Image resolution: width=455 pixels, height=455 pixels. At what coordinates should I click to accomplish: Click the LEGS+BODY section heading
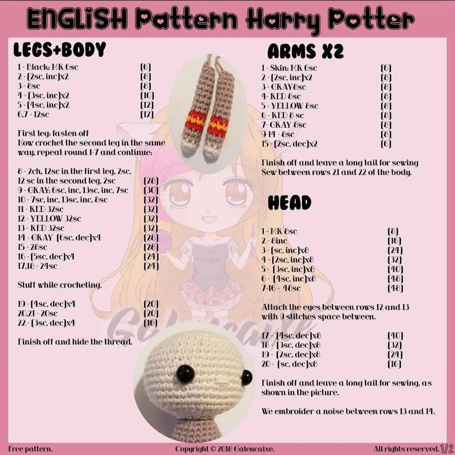coord(59,50)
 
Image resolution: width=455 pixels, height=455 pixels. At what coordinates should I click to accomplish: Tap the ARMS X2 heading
coord(305,51)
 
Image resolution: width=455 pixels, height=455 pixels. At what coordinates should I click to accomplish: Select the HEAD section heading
coord(289,203)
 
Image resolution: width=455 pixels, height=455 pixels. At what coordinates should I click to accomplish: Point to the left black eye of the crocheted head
coord(185,374)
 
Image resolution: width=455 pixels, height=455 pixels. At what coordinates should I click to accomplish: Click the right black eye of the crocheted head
coord(246,377)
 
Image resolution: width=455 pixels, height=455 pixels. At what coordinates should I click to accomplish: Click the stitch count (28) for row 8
coord(151,181)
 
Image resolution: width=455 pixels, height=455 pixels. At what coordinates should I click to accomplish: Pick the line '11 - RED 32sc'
coord(40,209)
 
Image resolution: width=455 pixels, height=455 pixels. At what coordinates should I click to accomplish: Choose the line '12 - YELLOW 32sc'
coord(49,219)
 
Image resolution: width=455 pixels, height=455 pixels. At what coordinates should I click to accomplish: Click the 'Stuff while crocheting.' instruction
coord(60,285)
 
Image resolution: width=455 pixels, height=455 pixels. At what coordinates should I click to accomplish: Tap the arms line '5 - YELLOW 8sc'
coord(289,106)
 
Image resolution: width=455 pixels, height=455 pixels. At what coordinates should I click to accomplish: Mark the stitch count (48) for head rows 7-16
coord(395,289)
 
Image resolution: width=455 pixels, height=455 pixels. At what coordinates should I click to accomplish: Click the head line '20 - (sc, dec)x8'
coord(289,364)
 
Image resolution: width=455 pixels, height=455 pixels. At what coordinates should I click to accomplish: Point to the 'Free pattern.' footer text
coord(30,449)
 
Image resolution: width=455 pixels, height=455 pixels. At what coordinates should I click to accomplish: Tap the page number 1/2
coord(447,448)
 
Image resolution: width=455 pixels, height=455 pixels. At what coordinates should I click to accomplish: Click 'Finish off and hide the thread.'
coord(75,342)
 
